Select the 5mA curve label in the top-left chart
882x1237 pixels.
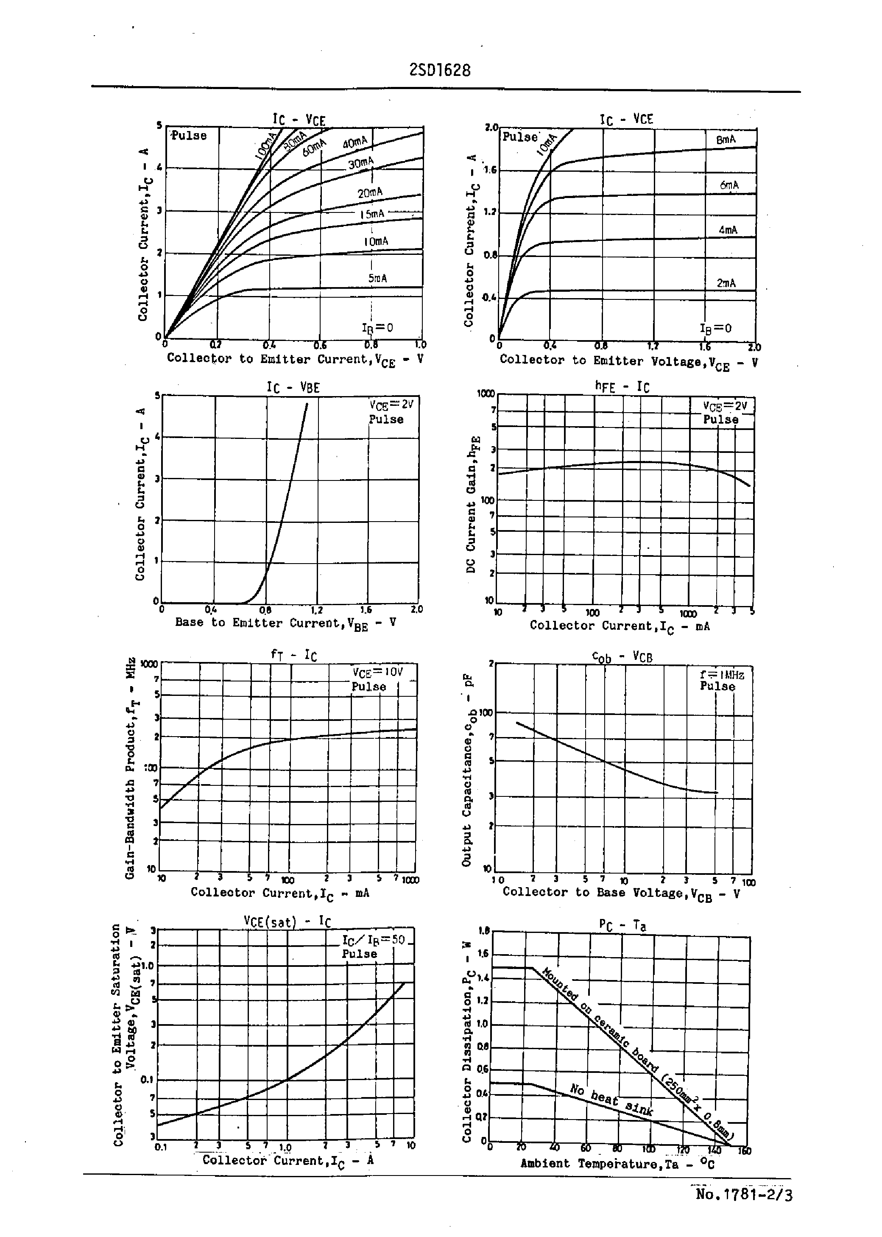377,279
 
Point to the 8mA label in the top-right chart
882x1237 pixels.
726,140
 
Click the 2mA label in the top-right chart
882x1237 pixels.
726,283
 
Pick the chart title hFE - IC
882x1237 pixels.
622,387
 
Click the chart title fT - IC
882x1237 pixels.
294,654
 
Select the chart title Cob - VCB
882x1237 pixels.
622,657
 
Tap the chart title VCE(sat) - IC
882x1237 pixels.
287,921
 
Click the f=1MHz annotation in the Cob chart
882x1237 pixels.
722,675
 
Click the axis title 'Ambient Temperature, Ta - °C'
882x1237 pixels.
617,1164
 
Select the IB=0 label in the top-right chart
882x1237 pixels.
715,329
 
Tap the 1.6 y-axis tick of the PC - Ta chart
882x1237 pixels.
483,954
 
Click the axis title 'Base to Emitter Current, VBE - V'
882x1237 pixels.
285,623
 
